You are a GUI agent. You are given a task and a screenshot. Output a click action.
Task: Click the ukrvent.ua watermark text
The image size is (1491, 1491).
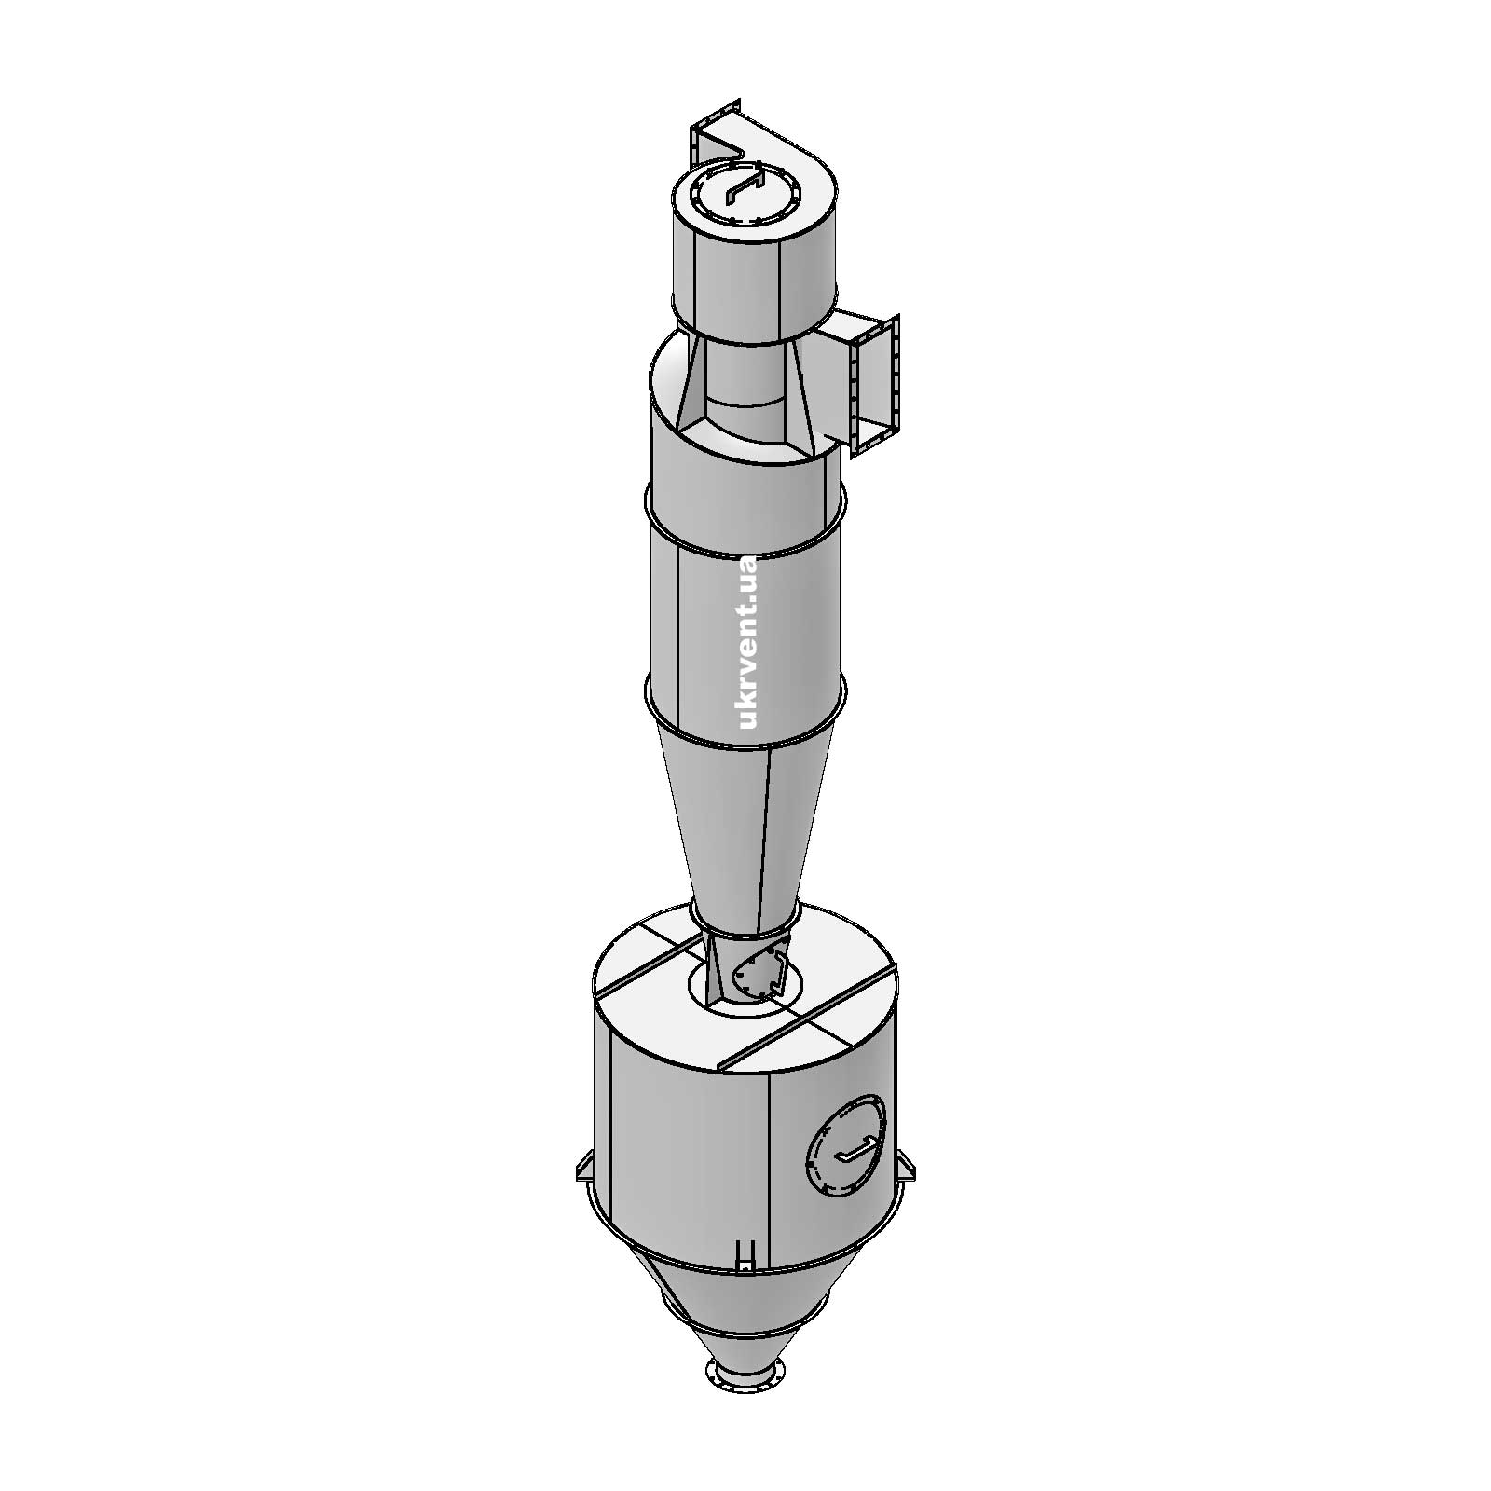(748, 642)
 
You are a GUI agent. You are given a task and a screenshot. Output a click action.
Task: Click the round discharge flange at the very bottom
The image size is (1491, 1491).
(742, 1401)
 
